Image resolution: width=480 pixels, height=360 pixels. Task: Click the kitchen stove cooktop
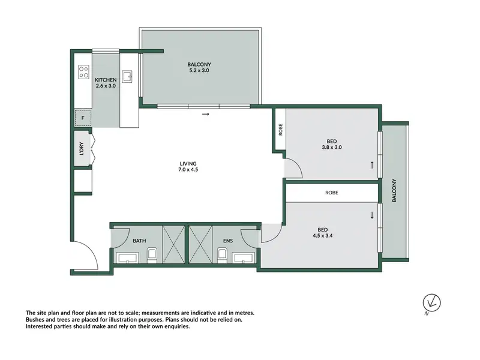pos(83,72)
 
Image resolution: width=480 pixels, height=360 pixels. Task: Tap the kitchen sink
pos(127,76)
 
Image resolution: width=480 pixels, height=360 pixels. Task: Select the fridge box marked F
pos(83,118)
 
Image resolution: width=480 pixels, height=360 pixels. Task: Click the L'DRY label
pos(82,148)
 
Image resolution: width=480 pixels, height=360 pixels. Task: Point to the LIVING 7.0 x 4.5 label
pos(188,166)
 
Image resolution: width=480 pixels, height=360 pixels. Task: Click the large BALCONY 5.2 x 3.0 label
pos(199,67)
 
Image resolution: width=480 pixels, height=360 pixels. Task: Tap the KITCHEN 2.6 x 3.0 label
pos(106,83)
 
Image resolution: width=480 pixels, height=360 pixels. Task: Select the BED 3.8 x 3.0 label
pos(332,144)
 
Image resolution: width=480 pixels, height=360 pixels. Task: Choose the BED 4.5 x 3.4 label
pos(323,233)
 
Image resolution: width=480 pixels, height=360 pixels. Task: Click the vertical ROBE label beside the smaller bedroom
pos(280,130)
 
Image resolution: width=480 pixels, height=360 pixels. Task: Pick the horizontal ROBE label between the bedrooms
pos(332,193)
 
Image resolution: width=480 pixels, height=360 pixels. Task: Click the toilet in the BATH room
pos(152,256)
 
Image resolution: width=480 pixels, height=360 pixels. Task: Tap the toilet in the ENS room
pos(222,256)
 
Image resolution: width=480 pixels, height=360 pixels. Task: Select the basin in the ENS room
pos(244,258)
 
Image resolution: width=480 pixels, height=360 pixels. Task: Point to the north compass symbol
pos(431,304)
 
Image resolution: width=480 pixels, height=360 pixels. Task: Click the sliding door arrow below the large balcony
pos(206,114)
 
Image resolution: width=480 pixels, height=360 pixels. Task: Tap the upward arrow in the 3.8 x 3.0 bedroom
pos(372,165)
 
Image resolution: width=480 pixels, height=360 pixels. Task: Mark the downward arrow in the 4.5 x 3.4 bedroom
pos(372,215)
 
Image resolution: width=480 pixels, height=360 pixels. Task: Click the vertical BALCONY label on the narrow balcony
pos(394,190)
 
